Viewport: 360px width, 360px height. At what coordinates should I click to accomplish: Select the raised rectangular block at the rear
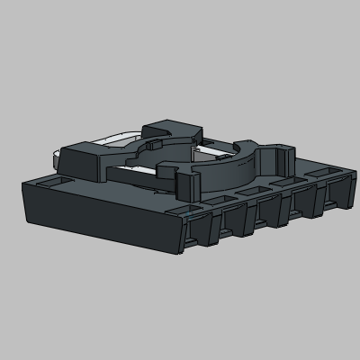pos(170,130)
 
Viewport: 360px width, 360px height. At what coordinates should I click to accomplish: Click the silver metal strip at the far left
pos(58,159)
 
